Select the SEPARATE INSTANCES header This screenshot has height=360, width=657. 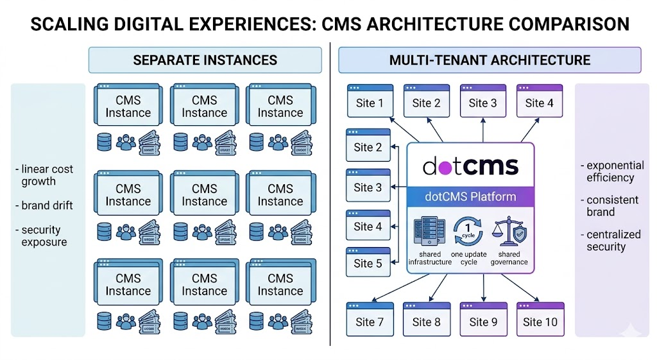[x=205, y=60]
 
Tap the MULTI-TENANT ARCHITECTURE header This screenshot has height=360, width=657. [x=490, y=60]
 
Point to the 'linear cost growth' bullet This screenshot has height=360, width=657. [x=44, y=175]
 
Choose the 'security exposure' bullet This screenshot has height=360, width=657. [x=42, y=236]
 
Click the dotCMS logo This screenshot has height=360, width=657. [x=470, y=166]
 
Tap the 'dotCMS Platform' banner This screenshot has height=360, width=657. [x=470, y=197]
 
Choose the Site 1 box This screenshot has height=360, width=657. [x=370, y=101]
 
